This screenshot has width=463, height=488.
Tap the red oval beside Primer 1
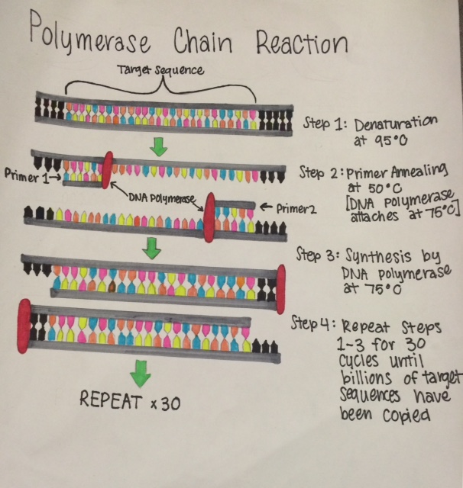(x=107, y=169)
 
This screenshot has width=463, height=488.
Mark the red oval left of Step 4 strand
(x=24, y=323)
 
